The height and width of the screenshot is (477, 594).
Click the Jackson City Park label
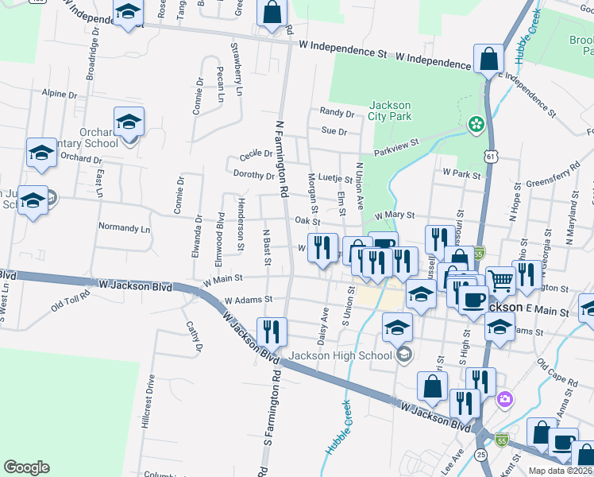[390, 110]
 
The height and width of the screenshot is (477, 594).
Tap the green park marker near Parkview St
[476, 124]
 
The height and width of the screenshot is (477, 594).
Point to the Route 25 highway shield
[481, 454]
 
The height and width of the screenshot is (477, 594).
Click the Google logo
[26, 467]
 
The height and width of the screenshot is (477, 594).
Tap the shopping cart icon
[500, 279]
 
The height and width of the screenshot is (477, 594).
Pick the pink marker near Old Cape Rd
[503, 397]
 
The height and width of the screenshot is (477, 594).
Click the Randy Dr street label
[335, 112]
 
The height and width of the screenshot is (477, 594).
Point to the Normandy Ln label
[124, 227]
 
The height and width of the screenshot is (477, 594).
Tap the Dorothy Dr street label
[253, 174]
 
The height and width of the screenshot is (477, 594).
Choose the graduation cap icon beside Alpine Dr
[129, 121]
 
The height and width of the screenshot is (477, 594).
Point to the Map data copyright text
[561, 471]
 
